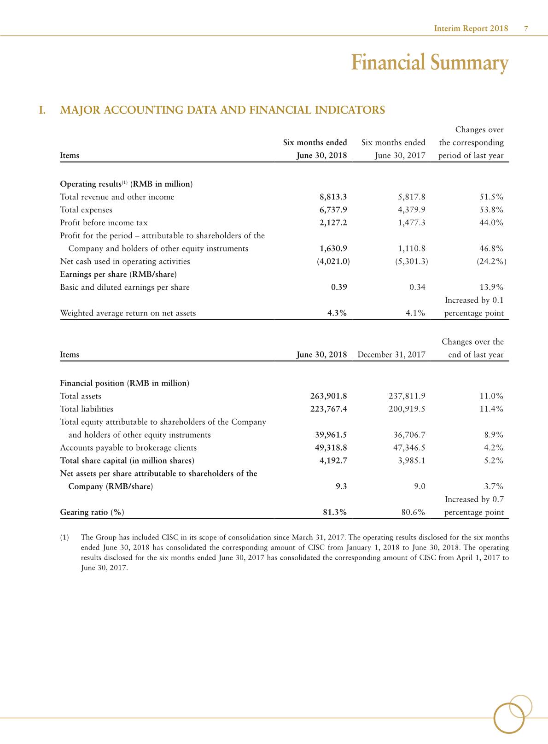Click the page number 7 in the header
click(x=525, y=29)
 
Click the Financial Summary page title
click(x=430, y=63)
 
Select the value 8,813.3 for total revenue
click(x=333, y=197)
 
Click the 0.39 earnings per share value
click(x=339, y=287)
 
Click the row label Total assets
click(x=81, y=396)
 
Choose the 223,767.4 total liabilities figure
click(x=329, y=409)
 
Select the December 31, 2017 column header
click(x=391, y=355)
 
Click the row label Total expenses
click(x=86, y=210)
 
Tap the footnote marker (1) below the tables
click(x=64, y=538)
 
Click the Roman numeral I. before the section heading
click(x=42, y=111)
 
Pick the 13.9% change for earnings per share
click(x=491, y=287)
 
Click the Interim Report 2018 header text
click(x=471, y=29)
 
